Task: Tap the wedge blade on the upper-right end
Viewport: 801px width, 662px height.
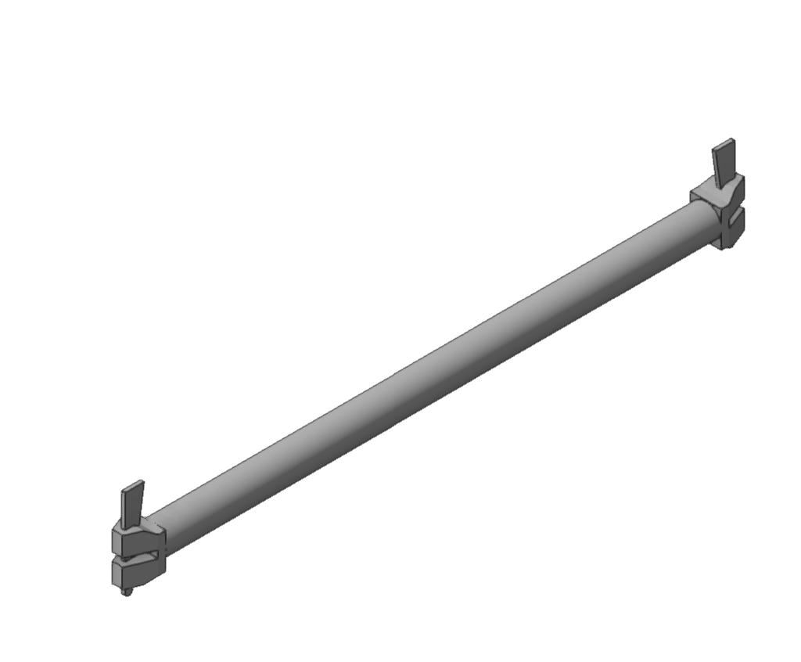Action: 724,161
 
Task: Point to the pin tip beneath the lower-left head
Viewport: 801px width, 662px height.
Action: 126,592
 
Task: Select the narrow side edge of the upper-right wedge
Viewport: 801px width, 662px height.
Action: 734,160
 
